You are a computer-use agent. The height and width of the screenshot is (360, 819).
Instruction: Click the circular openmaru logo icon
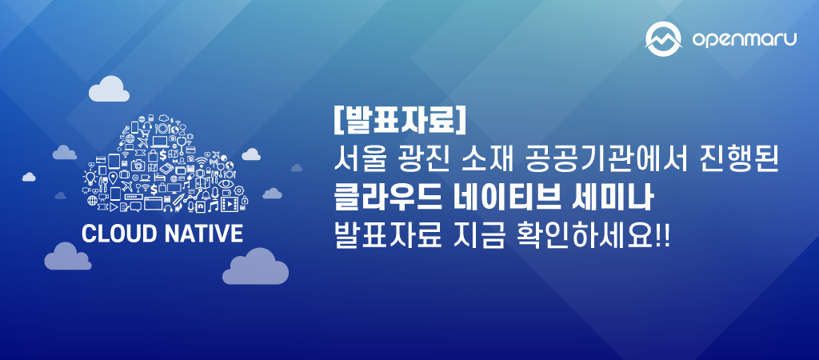[663, 38]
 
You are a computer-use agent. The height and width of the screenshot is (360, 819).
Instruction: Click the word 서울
[358, 161]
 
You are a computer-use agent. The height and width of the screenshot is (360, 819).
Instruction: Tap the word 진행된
[747, 161]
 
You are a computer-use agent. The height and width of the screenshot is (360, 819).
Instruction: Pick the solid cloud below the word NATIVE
[255, 267]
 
